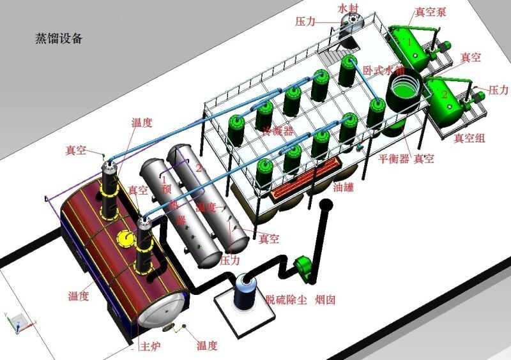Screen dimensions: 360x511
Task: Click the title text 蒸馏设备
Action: click(x=58, y=38)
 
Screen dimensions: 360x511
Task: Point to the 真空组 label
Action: click(x=468, y=138)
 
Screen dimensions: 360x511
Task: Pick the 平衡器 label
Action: click(x=393, y=158)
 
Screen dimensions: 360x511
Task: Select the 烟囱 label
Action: click(x=325, y=299)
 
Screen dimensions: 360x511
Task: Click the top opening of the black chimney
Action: click(x=326, y=206)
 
